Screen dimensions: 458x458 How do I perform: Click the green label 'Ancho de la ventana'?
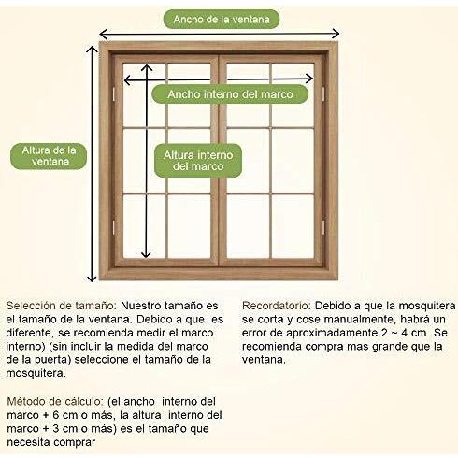222,20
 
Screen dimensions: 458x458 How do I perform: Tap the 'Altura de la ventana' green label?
49,156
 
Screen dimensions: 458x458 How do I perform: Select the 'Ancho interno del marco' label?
230,94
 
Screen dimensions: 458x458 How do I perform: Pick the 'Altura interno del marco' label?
198,161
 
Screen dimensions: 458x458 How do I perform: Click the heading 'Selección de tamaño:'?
61,306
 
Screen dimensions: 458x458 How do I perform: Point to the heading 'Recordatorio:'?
277,306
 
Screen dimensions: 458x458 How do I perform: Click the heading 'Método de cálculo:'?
55,401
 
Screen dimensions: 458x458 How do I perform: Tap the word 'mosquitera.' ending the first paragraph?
36,373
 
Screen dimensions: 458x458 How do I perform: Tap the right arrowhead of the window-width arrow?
336,33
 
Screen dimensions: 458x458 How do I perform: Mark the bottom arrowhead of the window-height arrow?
92,278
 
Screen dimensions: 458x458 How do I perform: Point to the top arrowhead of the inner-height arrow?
147,68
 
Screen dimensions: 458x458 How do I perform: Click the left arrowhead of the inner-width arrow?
128,80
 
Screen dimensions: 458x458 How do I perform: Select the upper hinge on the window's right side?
323,93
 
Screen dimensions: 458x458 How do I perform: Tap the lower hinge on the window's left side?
113,227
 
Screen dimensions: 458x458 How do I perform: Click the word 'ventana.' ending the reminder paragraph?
264,360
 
